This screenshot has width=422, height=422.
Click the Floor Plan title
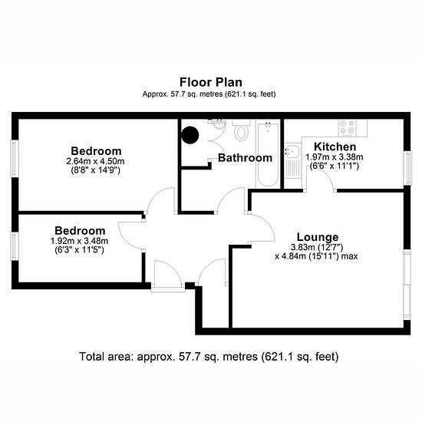[211, 82]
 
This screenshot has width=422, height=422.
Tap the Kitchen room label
[335, 147]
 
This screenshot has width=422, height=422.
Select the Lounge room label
[318, 237]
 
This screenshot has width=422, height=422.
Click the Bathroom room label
[245, 158]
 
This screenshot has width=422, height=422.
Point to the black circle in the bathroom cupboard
[190, 135]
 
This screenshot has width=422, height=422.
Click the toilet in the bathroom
[241, 130]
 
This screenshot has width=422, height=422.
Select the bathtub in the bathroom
[268, 154]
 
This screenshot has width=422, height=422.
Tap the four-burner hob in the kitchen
[347, 127]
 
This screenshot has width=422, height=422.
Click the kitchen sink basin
[292, 150]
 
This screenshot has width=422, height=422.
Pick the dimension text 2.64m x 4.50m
[95, 161]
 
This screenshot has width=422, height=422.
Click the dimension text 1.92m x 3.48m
[79, 241]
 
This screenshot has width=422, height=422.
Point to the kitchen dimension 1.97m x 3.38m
[335, 157]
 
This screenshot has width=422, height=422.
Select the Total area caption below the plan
[209, 357]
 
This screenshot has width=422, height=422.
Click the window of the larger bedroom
[15, 159]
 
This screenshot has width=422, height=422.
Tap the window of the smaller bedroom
[15, 246]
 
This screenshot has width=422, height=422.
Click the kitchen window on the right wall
[408, 168]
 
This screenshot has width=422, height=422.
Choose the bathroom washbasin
[219, 124]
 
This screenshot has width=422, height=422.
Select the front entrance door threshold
[168, 289]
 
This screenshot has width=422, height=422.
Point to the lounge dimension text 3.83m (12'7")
[317, 247]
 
